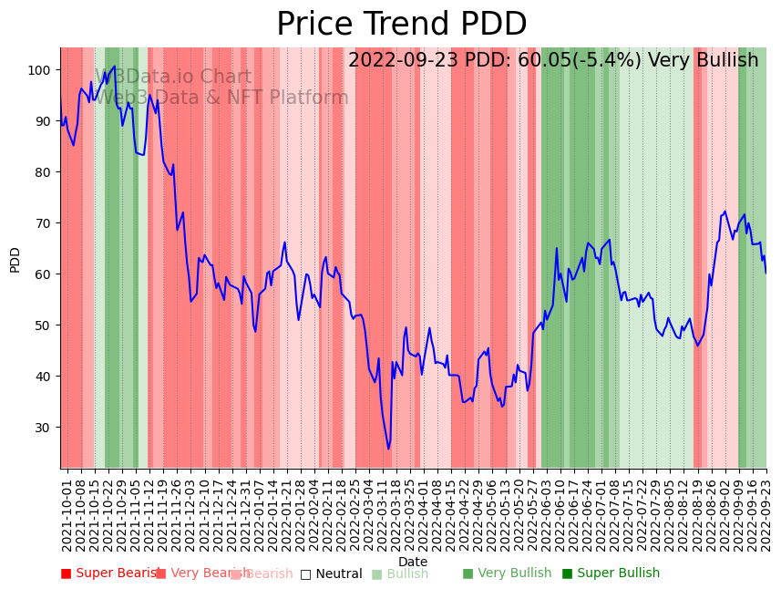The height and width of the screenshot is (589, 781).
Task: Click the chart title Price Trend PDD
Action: [401, 25]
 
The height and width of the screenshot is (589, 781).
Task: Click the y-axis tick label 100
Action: [43, 70]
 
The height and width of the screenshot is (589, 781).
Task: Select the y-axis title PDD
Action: [15, 259]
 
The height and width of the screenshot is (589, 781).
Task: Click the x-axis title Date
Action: [413, 562]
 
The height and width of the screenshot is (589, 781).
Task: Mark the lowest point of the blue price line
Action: [388, 449]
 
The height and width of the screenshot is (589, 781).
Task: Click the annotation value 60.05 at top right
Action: [544, 61]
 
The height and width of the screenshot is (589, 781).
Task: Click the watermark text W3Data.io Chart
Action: [173, 77]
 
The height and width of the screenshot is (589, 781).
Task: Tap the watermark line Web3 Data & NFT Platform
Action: [221, 98]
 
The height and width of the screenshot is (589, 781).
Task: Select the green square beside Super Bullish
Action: [567, 573]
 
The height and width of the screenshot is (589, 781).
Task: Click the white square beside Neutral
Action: [305, 573]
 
